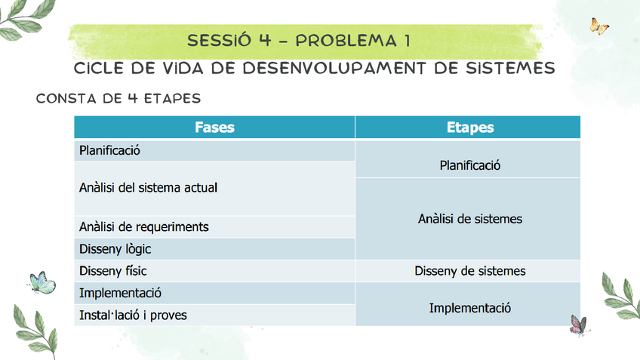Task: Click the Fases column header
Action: tap(214, 128)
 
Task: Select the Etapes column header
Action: tap(469, 128)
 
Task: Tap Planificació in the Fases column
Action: tap(110, 150)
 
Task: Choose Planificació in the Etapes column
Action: tap(469, 165)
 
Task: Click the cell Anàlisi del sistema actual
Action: tap(148, 187)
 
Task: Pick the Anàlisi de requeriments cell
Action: tap(143, 226)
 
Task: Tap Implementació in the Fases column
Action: tap(120, 293)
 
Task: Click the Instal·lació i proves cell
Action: tap(133, 315)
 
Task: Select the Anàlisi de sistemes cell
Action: tap(469, 219)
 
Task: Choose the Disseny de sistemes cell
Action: tap(469, 271)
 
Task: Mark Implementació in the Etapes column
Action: tap(469, 308)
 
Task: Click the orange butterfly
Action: tap(599, 28)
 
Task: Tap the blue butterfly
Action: tap(42, 282)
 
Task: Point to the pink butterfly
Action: tap(577, 325)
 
